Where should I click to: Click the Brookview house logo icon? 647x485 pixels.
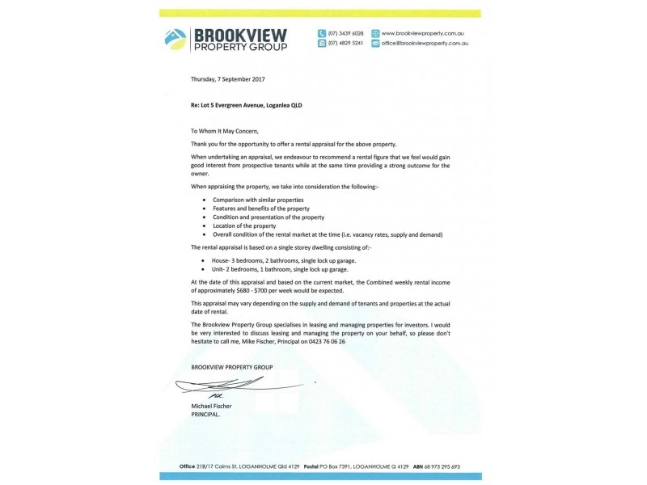[174, 37]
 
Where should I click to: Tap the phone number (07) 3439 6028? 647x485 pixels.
[345, 32]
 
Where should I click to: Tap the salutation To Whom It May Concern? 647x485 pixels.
[226, 130]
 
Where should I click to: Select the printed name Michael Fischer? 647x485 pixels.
[212, 405]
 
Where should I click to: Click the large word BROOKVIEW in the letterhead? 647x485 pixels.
[240, 33]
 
